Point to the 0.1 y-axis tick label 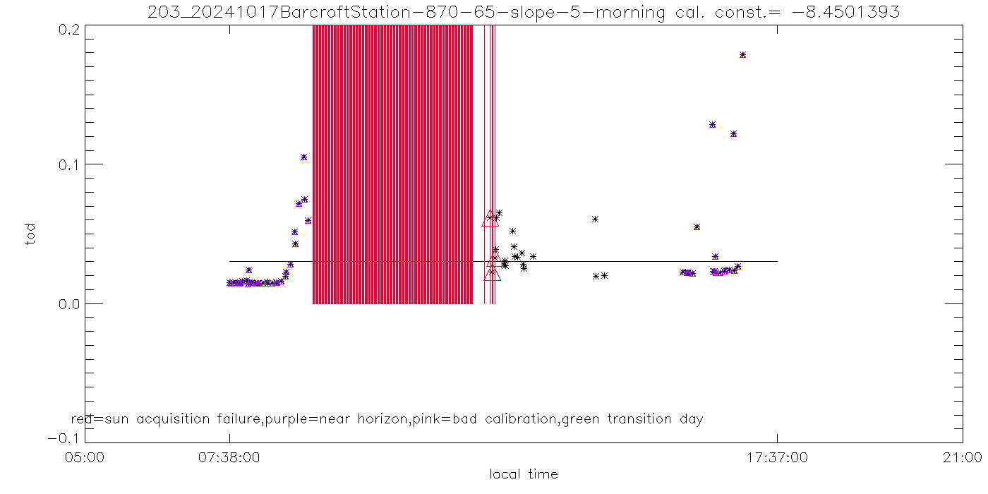tap(69, 164)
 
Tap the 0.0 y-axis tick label tap(69, 304)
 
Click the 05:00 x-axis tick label tap(85, 458)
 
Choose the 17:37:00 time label tap(777, 458)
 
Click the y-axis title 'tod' tap(30, 234)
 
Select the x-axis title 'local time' tap(524, 474)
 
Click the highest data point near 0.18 tap(742, 55)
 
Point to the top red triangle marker tap(490, 218)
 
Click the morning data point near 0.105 tap(303, 157)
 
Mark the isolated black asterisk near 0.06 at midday tap(595, 219)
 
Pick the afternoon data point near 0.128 tap(712, 125)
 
